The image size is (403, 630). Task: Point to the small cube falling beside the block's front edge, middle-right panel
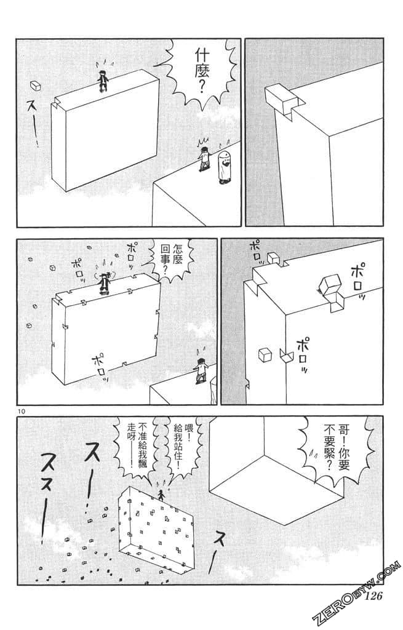[265, 354]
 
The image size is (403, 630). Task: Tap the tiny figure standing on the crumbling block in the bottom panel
[162, 495]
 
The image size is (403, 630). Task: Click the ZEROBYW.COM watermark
[361, 593]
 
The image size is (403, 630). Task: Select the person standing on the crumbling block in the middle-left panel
[105, 281]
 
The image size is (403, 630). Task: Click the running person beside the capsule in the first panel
[204, 159]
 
